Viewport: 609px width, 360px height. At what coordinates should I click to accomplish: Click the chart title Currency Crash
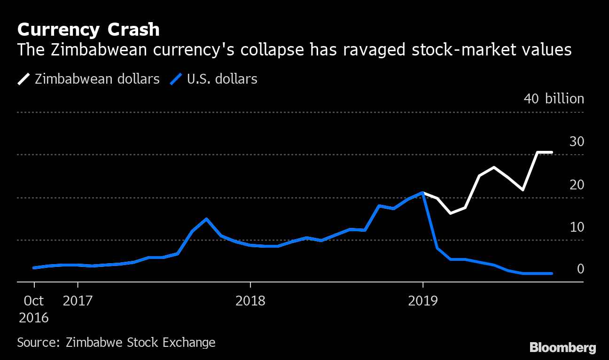coord(88,30)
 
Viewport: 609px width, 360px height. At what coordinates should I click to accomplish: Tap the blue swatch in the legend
coord(176,79)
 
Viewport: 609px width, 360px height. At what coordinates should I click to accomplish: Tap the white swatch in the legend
coord(23,79)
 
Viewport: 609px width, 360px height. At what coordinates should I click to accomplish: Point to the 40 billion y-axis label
coord(554,99)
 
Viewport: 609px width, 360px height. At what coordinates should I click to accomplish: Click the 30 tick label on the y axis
coord(577,141)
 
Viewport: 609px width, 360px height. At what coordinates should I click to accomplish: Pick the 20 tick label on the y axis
coord(577,184)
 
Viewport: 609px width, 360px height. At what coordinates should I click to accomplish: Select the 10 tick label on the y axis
coord(577,227)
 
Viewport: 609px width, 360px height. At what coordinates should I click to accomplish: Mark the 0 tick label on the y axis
coord(580,269)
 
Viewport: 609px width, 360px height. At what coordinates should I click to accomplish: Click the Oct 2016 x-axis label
coord(33,309)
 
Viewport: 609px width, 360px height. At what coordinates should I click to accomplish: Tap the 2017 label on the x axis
coord(78,300)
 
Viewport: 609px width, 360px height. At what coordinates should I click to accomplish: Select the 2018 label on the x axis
coord(250,300)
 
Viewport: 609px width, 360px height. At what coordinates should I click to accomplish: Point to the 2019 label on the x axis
coord(422,300)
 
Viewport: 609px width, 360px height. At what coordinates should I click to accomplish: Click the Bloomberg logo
coord(562,348)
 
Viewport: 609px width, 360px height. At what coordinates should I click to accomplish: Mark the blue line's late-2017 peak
coord(206,219)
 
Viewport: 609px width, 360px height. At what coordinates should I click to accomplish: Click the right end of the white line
coord(552,152)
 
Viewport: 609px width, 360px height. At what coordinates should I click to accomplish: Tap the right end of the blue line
coord(552,273)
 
